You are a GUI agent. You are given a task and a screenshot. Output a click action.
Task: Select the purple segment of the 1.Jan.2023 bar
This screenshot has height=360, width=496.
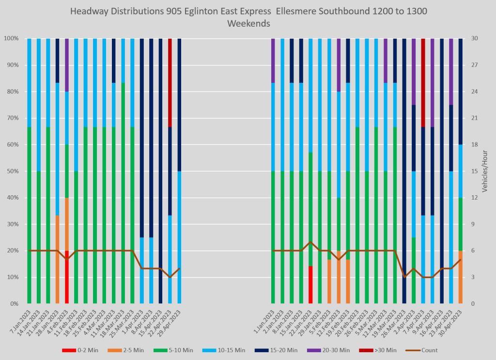click(x=273, y=61)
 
